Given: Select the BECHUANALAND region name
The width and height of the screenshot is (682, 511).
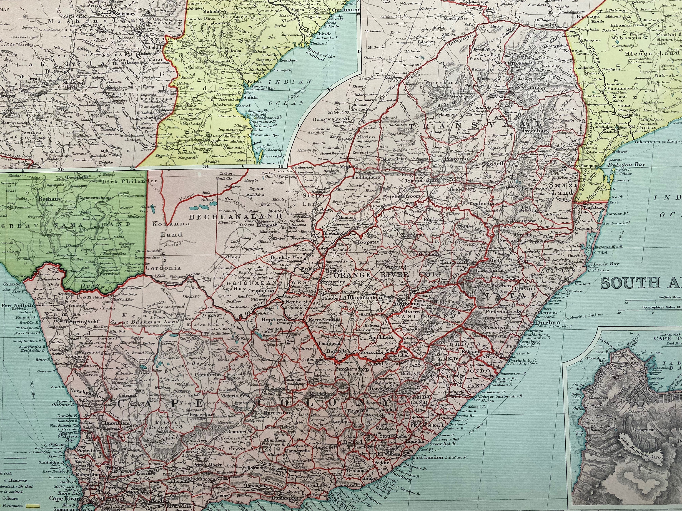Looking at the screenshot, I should [211, 217].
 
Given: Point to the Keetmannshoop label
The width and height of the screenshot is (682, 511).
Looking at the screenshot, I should [94, 198].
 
